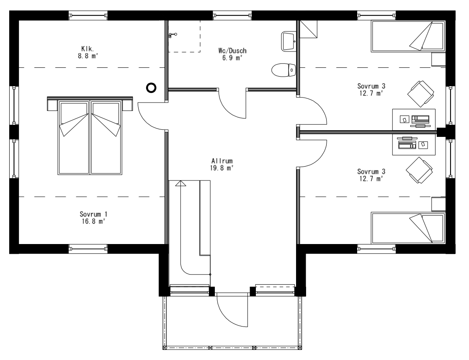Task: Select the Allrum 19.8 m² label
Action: point(222,164)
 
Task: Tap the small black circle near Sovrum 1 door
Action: point(151,87)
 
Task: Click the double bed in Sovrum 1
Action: point(90,136)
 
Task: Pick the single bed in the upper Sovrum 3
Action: point(407,37)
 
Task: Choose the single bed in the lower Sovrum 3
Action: point(407,228)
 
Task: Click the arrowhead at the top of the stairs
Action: point(180,183)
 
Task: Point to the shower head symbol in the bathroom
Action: point(171,35)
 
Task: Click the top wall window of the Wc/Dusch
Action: point(232,16)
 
